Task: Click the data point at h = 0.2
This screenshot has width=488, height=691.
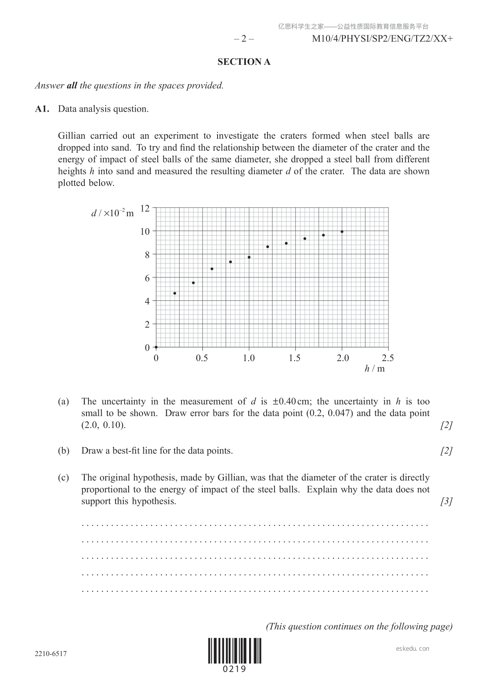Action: pyautogui.click(x=175, y=293)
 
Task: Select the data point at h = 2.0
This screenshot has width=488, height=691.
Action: pyautogui.click(x=342, y=232)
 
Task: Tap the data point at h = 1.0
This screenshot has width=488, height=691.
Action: pyautogui.click(x=249, y=257)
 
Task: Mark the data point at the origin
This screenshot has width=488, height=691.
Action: pyautogui.click(x=156, y=347)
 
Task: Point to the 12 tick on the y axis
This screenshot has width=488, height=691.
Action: pyautogui.click(x=145, y=208)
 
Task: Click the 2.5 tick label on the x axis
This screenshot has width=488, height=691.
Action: pyautogui.click(x=388, y=358)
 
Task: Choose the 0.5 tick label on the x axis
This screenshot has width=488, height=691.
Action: pyautogui.click(x=202, y=358)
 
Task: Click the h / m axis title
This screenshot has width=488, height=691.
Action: pyautogui.click(x=375, y=368)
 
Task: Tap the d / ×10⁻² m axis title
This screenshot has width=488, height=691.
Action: pyautogui.click(x=112, y=213)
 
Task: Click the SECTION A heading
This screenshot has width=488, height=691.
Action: pyautogui.click(x=244, y=62)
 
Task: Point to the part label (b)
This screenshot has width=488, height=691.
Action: pyautogui.click(x=64, y=451)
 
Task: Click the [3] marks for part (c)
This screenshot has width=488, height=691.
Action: pyautogui.click(x=446, y=501)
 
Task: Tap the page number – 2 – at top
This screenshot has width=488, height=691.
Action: pyautogui.click(x=244, y=39)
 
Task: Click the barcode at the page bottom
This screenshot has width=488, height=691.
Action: pyautogui.click(x=234, y=651)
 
